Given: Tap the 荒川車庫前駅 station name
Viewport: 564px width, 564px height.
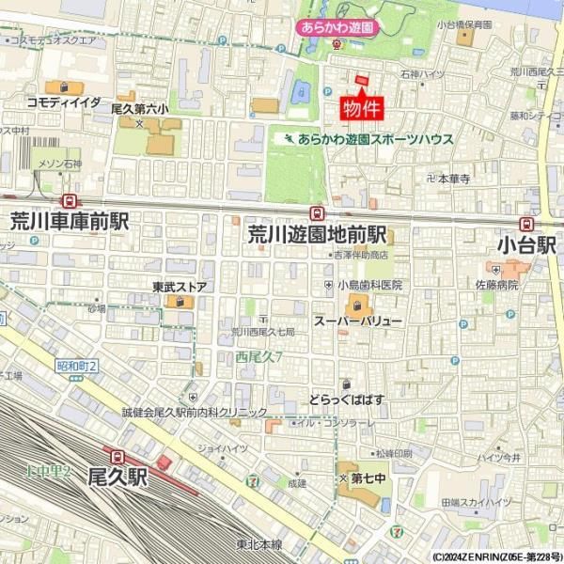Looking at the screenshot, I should click(x=70, y=222).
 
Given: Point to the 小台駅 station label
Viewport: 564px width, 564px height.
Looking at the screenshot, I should click(x=528, y=245).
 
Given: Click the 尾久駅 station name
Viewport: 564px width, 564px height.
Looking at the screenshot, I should click(x=118, y=477).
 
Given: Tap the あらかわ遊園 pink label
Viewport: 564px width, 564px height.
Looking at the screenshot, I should click(x=337, y=28).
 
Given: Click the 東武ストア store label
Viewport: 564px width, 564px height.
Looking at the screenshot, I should click(x=180, y=287).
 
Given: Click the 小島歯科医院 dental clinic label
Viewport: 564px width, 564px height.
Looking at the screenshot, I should click(x=370, y=285).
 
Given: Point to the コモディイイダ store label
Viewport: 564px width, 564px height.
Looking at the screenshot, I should click(x=64, y=102).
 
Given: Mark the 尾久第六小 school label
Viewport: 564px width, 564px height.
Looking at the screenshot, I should click(x=140, y=109).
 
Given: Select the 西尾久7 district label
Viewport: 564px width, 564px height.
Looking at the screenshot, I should click(x=258, y=356).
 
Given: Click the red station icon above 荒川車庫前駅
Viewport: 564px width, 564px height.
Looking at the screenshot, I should click(x=69, y=201).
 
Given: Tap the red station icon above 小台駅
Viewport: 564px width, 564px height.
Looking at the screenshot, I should click(x=526, y=224).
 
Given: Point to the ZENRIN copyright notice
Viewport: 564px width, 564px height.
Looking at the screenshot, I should click(x=497, y=556).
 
